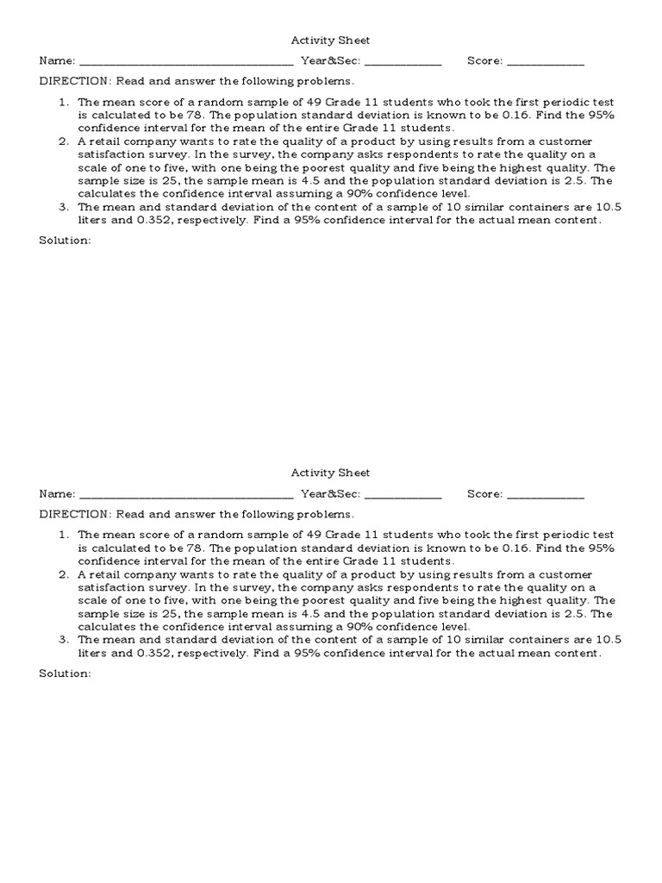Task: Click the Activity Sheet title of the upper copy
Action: [x=330, y=40]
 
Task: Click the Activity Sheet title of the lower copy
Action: [x=330, y=473]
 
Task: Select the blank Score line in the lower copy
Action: [x=545, y=496]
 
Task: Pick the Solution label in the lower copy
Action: [x=65, y=673]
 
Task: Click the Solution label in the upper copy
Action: [x=65, y=240]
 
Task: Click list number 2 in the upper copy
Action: [x=63, y=141]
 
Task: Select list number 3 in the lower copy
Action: [x=63, y=640]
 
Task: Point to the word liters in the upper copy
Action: [x=93, y=221]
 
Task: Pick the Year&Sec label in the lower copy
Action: [x=330, y=494]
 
